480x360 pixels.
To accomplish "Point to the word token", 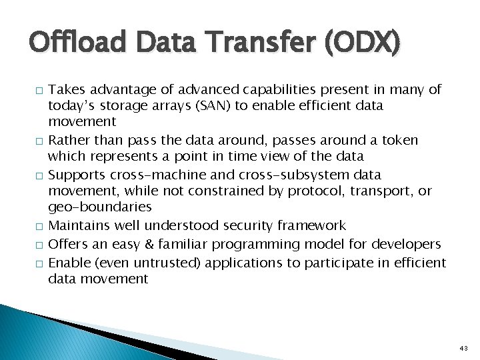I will pyautogui.click(x=399, y=140).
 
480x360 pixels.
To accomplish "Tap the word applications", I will pyautogui.click(x=244, y=262).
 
